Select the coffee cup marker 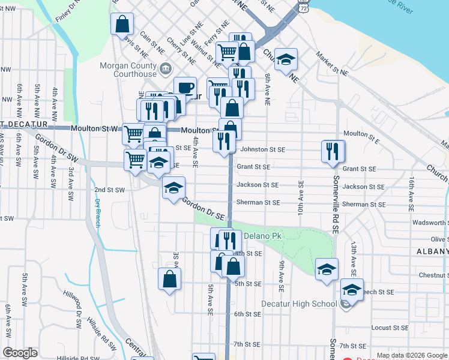tap(185, 87)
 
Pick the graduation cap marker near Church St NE tap(286, 59)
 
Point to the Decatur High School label tap(299, 304)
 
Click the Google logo tap(20, 353)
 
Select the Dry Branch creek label tap(97, 213)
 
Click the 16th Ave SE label tap(412, 194)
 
